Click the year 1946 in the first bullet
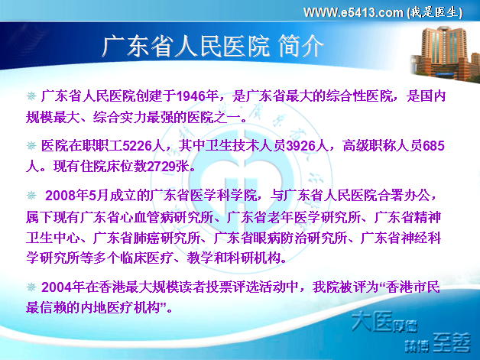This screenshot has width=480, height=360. point(192,96)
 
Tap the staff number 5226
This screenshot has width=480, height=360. point(138,146)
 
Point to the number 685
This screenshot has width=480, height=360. point(433,146)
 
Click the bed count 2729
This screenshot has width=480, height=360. point(161,166)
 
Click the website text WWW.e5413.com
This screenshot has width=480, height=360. point(353,12)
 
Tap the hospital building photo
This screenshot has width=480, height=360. point(446,54)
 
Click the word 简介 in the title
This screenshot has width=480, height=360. point(300,47)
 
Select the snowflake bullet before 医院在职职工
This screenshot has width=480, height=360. point(31,145)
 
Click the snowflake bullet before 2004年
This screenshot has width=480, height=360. point(31,287)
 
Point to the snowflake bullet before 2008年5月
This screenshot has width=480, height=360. point(31,195)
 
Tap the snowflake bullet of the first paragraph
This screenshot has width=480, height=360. point(31,96)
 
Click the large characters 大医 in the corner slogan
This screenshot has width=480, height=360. point(371,322)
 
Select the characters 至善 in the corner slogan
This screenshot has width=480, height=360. point(452,342)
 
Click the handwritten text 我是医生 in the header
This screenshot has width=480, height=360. point(435,12)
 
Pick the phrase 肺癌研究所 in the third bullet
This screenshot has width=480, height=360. point(167,238)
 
